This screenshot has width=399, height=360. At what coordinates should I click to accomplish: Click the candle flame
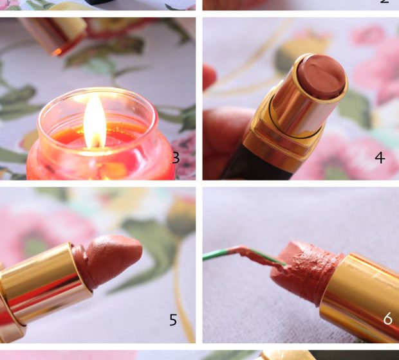pyautogui.click(x=95, y=122)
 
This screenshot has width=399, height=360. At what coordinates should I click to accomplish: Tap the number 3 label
pyautogui.click(x=176, y=158)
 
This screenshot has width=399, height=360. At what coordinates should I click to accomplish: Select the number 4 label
pyautogui.click(x=380, y=157)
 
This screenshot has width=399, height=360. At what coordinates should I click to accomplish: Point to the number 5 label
pyautogui.click(x=173, y=320)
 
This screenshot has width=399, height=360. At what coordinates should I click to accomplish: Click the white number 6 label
pyautogui.click(x=388, y=318)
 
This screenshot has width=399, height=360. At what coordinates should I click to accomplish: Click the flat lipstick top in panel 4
pyautogui.click(x=322, y=76)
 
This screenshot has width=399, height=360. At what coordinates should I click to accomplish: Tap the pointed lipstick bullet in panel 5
pyautogui.click(x=107, y=262)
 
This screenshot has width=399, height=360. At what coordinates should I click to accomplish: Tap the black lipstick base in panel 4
pyautogui.click(x=257, y=165)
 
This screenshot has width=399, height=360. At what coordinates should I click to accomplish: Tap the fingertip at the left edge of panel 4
pyautogui.click(x=209, y=77)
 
